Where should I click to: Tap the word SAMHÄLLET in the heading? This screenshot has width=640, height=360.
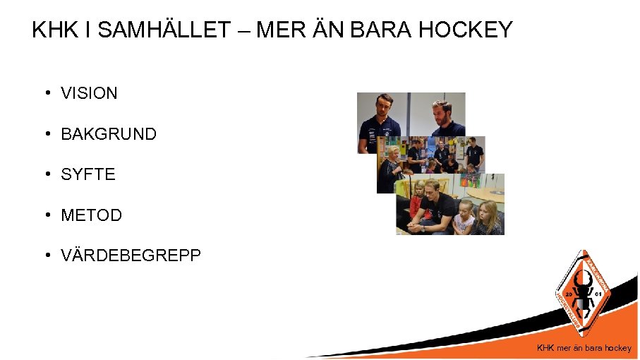point(164,30)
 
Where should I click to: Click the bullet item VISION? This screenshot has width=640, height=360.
point(89,93)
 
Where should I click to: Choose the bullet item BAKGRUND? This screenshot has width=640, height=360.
point(109,134)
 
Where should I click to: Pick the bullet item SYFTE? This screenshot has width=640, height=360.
point(88,174)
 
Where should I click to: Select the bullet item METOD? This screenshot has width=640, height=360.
point(91,215)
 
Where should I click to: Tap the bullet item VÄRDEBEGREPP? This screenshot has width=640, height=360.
point(131,256)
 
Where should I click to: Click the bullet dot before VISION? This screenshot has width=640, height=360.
point(45,93)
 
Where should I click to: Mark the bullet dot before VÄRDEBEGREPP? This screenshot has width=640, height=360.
point(45,256)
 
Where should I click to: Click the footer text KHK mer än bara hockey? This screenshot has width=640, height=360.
point(584,348)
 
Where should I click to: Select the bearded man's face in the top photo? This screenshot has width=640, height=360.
point(440,111)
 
